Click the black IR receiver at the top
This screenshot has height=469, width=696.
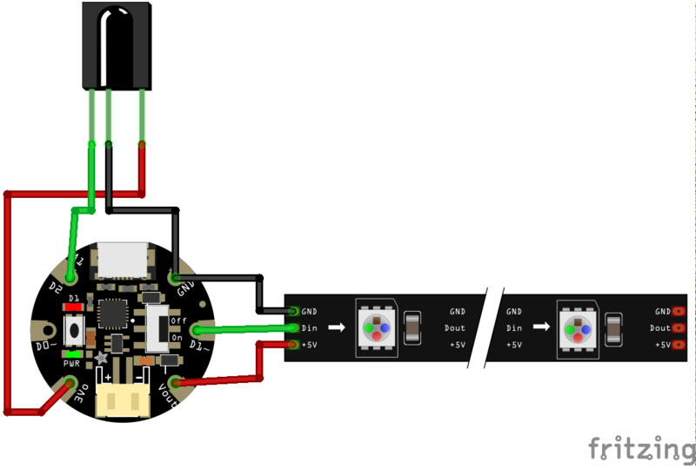(117, 44)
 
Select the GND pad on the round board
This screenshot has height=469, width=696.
(176, 279)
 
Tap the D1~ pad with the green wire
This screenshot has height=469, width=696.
(196, 331)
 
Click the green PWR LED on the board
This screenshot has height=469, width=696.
(74, 354)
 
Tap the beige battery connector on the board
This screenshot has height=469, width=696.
(122, 399)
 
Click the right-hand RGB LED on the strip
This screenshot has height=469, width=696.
(578, 329)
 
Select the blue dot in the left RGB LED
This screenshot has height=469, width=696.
(384, 329)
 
